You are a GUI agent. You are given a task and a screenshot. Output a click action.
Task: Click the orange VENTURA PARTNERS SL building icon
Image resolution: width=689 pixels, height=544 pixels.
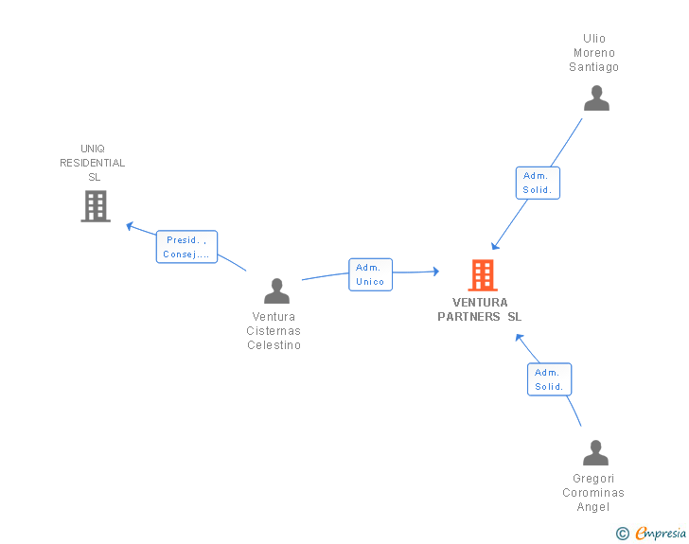[x=483, y=275]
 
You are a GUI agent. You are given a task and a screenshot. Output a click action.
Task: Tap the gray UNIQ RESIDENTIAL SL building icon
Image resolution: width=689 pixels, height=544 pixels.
[x=96, y=206]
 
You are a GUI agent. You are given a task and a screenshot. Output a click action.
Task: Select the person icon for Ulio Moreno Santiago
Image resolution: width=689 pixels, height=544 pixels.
[x=596, y=98]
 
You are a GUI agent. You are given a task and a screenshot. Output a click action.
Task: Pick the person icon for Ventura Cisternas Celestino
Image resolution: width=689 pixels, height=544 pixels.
[x=276, y=290]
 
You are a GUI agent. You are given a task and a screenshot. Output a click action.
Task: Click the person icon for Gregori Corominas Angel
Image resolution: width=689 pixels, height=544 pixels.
[x=595, y=452]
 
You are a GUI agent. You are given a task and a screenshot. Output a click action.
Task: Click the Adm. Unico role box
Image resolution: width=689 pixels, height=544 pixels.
[x=370, y=274]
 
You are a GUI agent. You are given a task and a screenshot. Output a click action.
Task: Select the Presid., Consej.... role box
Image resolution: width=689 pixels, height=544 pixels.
[x=186, y=247]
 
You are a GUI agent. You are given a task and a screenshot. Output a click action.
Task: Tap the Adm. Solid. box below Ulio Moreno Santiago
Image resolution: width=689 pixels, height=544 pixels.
[x=538, y=183]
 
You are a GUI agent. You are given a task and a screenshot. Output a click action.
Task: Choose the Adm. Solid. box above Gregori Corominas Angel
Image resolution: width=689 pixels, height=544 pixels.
[x=549, y=379]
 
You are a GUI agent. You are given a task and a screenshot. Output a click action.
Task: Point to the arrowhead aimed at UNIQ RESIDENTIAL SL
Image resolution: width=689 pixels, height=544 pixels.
[x=130, y=226]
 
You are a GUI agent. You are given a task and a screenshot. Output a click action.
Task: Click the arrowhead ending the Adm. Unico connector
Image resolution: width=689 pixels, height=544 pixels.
[x=436, y=272]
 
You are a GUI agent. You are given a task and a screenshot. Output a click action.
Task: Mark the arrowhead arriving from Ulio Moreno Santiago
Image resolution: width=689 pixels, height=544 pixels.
[x=495, y=246]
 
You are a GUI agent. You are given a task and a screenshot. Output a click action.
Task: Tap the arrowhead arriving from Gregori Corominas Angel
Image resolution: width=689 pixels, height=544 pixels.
[x=519, y=338]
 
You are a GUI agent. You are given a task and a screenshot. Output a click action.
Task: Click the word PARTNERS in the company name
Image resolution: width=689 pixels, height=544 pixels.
[x=468, y=316]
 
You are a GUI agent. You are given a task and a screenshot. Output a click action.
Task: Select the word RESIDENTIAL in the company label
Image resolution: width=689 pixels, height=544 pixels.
[x=93, y=163]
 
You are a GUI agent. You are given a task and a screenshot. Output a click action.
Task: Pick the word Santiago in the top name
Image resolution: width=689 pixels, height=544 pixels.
[x=593, y=67]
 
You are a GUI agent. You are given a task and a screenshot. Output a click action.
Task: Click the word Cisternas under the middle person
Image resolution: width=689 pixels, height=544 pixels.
[x=274, y=330]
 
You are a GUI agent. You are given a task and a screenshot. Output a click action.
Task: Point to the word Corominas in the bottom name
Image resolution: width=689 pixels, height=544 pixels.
[x=593, y=493]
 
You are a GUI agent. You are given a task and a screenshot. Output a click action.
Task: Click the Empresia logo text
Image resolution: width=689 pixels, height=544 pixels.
[x=661, y=533]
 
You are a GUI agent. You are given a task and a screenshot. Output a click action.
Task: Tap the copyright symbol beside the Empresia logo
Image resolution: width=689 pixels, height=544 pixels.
[x=622, y=534]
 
